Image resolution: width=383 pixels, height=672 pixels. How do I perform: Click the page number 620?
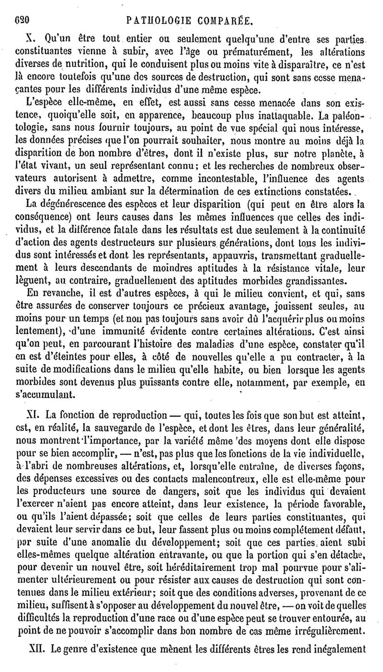pyautogui.click(x=22, y=22)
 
